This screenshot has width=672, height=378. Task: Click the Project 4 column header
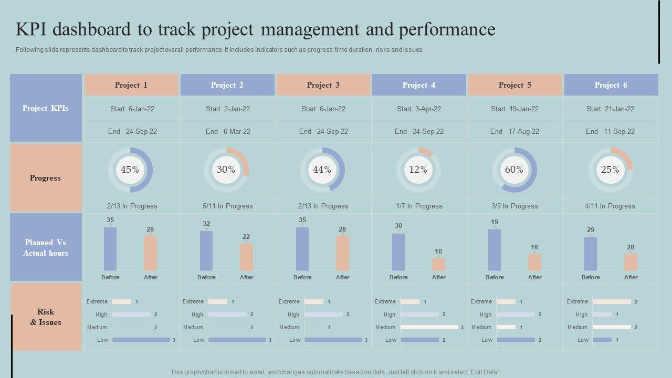[418, 85]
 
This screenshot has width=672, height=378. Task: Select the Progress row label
[46, 178]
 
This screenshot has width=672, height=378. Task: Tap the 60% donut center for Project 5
[514, 170]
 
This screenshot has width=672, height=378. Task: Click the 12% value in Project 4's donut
[418, 170]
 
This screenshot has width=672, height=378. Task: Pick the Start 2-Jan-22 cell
[227, 109]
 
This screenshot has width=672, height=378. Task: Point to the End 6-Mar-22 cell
[227, 132]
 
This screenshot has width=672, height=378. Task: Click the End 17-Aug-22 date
[514, 132]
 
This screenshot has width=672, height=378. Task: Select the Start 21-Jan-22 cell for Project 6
[610, 109]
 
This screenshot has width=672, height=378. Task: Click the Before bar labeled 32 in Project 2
[206, 250]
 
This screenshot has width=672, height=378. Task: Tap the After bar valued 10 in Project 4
[438, 264]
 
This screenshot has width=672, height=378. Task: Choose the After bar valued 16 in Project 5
[534, 262]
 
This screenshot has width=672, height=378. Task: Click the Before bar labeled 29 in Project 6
[591, 254]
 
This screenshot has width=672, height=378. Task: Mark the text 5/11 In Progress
[227, 206]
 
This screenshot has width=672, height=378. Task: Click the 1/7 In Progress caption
[418, 206]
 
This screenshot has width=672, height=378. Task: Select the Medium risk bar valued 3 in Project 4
[429, 327]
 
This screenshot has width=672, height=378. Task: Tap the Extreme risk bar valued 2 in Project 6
[611, 302]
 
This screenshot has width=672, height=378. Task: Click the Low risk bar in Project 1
[141, 340]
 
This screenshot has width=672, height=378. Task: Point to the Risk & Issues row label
[46, 317]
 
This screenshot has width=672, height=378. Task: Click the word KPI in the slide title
[34, 29]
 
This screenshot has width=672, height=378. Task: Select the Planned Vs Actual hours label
[46, 248]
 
